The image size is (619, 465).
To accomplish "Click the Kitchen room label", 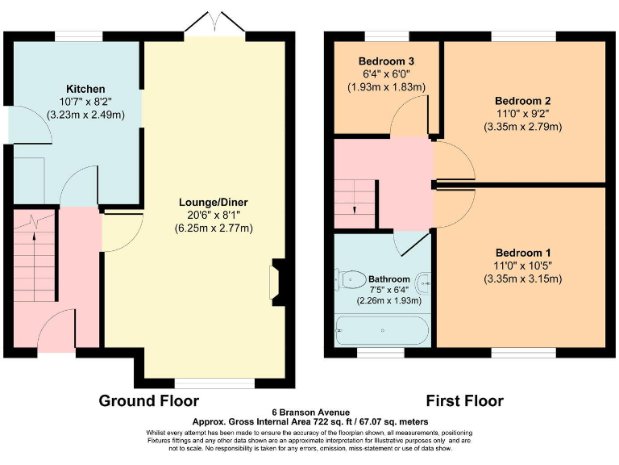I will point(85,88).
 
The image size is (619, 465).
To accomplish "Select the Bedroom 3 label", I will point(387,61).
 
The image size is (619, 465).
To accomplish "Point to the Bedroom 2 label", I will point(522,101).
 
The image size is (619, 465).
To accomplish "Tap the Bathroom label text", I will point(389,279).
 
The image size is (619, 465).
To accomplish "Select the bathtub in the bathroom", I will point(383,330).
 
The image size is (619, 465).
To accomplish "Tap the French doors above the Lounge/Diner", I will point(215,25).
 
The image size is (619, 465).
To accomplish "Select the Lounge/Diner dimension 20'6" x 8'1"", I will point(214,215).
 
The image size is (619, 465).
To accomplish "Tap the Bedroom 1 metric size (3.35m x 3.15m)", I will point(522,279).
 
